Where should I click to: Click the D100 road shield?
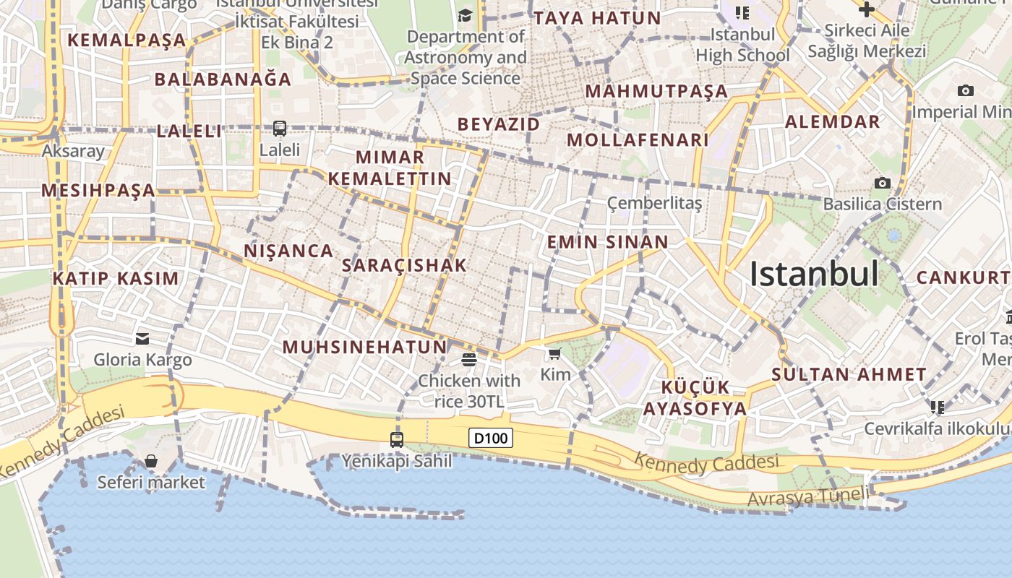click(491, 438)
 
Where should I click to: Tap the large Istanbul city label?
click(814, 274)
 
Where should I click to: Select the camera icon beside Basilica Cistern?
click(882, 184)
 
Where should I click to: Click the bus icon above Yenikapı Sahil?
click(396, 439)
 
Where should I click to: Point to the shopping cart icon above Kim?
click(554, 353)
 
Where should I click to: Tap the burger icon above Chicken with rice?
click(468, 359)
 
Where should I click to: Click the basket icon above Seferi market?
click(151, 461)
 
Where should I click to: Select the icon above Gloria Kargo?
click(142, 338)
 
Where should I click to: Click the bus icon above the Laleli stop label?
click(280, 129)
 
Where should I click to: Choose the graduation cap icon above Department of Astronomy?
click(465, 15)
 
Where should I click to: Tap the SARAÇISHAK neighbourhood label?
click(404, 265)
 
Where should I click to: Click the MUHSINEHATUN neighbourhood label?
click(364, 347)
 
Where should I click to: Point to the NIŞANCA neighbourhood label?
click(289, 251)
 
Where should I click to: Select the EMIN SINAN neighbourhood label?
click(607, 241)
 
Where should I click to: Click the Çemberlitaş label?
click(654, 203)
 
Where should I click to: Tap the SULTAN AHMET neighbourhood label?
click(849, 374)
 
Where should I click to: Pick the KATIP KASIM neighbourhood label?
click(116, 278)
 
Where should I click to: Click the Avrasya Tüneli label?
click(807, 497)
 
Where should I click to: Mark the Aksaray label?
click(73, 151)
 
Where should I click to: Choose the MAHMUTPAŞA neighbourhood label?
click(656, 91)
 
